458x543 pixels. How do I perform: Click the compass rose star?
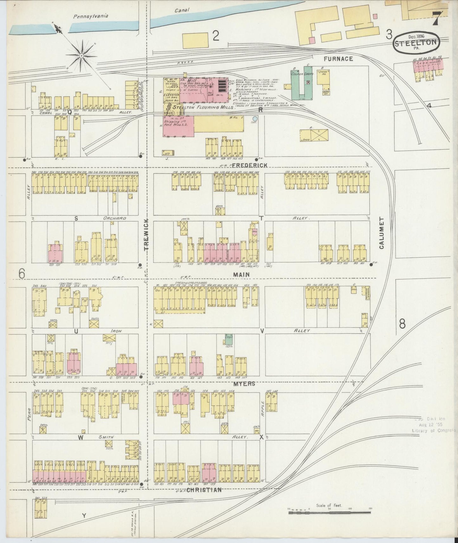click(x=81, y=55)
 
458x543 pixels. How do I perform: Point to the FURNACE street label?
click(x=338, y=59)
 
